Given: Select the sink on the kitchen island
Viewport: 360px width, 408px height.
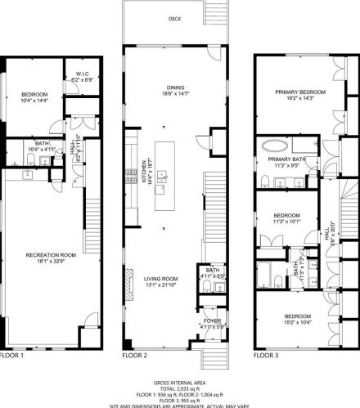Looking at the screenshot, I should [x=163, y=175].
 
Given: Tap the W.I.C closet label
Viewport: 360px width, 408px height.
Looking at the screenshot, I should [x=82, y=74].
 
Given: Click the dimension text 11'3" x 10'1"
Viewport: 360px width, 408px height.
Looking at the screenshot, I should [x=286, y=220].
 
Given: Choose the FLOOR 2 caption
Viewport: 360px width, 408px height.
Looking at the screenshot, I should [x=134, y=356].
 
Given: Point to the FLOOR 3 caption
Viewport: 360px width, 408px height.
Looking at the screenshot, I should [x=266, y=356].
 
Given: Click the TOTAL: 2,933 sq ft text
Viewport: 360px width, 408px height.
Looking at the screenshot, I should [x=179, y=388].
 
